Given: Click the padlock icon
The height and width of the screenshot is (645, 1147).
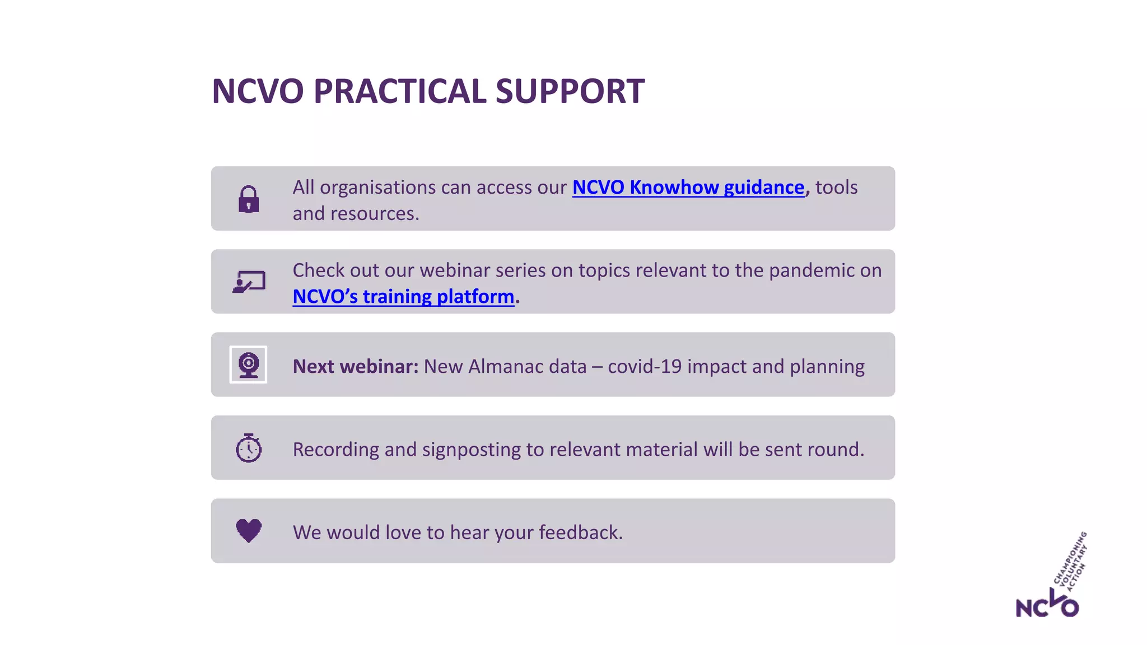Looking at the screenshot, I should pos(249,199).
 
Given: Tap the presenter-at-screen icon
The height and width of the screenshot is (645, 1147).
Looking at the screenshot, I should pos(249,282).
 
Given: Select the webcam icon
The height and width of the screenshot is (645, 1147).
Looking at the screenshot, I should pos(248,364).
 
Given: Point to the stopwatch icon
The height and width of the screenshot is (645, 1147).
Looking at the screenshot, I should pos(249,448).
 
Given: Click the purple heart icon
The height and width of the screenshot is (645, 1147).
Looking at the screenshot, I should pos(249,530).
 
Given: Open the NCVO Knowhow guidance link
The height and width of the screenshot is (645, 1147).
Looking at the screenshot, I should pos(688,187).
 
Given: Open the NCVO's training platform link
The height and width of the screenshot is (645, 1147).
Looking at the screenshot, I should pos(403,296).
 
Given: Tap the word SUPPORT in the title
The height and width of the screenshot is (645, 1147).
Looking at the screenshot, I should pos(570,91).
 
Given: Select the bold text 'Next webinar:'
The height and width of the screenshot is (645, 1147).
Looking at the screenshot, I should pos(355,366).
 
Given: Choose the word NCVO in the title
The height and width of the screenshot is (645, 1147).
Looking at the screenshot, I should pos(258,91).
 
